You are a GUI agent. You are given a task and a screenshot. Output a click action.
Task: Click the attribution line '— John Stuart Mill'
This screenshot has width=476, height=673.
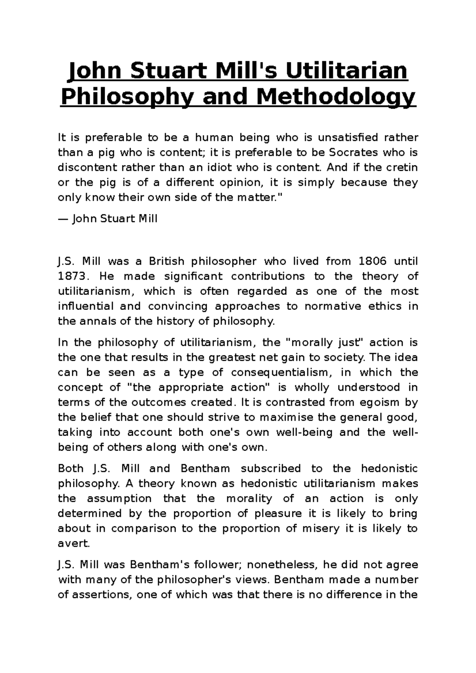pyautogui.click(x=108, y=218)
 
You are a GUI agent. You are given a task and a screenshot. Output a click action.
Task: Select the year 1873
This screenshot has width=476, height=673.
pyautogui.click(x=73, y=276)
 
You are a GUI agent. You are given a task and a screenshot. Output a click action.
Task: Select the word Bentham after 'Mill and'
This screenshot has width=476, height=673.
pyautogui.click(x=205, y=468)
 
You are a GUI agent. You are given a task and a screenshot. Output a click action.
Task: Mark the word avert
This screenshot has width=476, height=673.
pyautogui.click(x=74, y=543)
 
